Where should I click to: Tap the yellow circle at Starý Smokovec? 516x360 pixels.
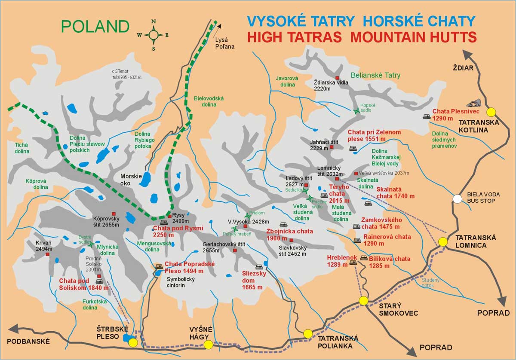(364, 301)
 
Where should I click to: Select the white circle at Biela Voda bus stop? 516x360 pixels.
(458, 199)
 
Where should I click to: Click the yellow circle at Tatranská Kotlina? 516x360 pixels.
(491, 112)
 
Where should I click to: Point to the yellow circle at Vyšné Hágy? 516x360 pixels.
(208, 344)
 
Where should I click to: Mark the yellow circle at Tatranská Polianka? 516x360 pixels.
(307, 333)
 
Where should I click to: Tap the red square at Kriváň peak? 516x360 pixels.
(47, 254)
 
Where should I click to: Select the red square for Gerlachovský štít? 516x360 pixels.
(235, 250)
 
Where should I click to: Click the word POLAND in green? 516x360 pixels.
(95, 27)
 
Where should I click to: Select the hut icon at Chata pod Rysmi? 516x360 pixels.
(164, 223)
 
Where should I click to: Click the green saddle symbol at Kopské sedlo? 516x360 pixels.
(356, 111)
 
